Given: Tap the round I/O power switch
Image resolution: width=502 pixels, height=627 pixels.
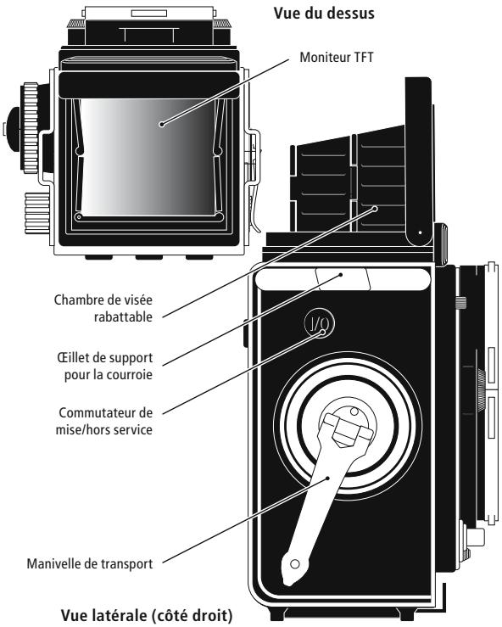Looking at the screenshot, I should tap(319, 324).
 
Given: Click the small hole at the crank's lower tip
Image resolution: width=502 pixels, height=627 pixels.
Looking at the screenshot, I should tap(294, 563).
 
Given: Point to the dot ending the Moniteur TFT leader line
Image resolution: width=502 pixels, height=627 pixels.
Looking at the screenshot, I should tap(160, 125).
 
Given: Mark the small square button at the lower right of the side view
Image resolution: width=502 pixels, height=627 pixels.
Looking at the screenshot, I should tap(477, 536).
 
